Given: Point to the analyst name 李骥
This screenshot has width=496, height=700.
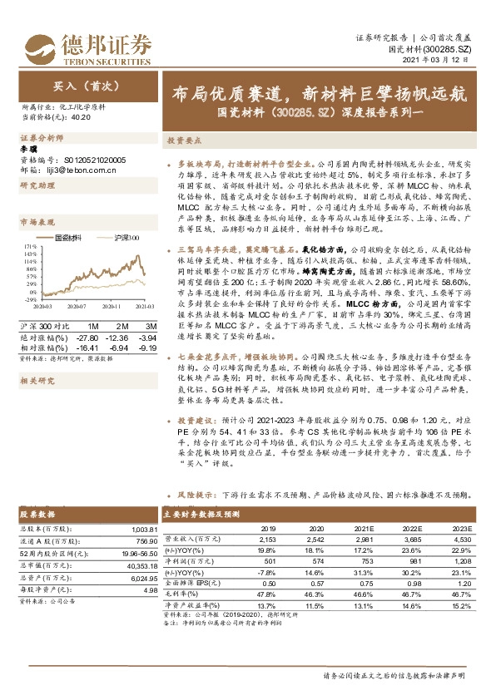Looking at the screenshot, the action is coord(28,147).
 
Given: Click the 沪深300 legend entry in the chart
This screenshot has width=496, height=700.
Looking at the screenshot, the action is coord(125,237).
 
